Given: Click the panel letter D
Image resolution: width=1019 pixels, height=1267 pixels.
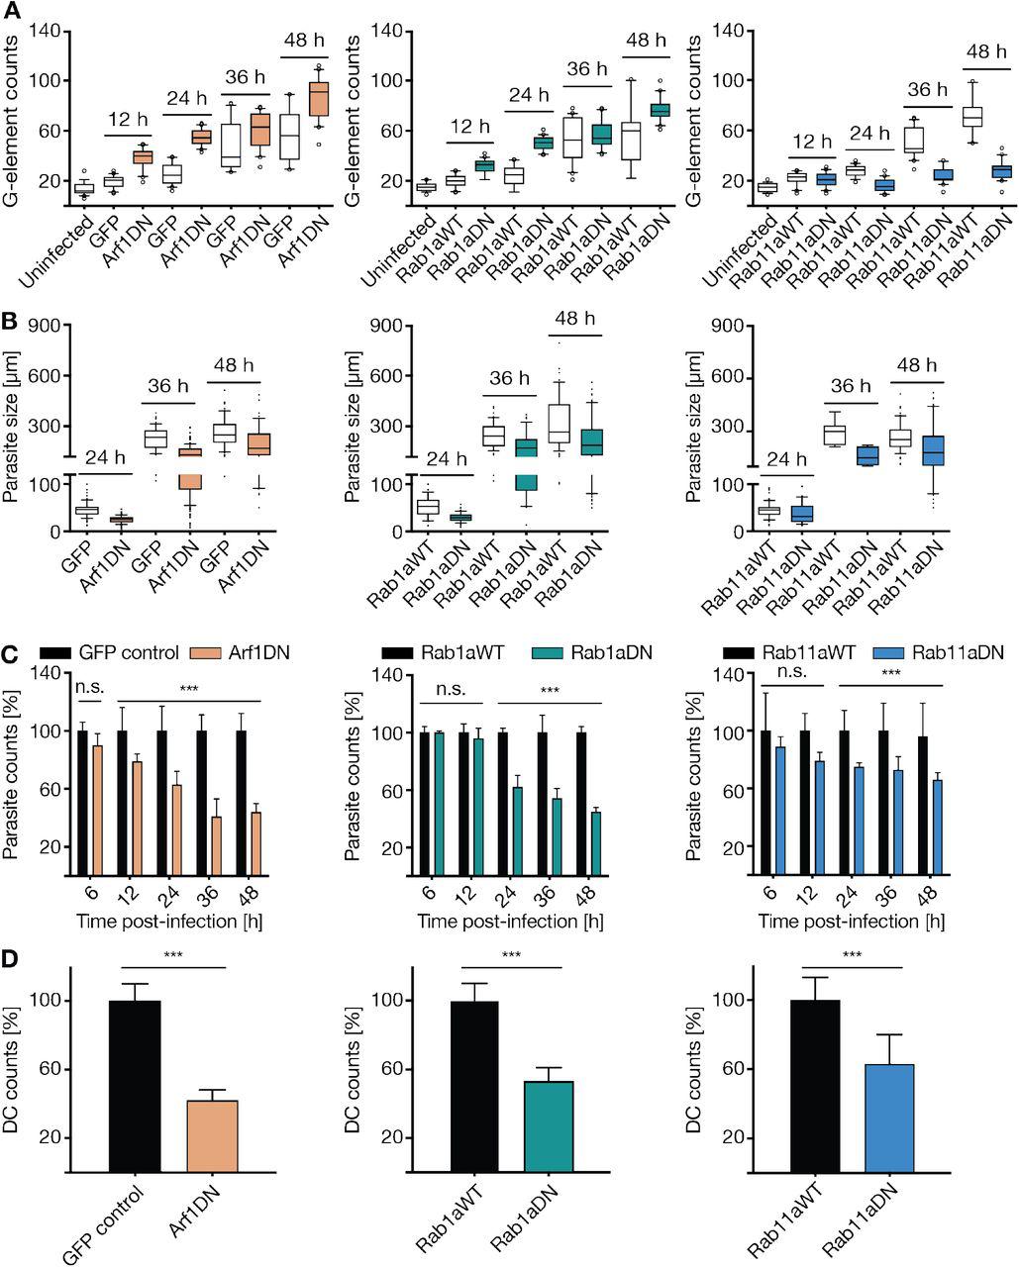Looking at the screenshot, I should pyautogui.click(x=11, y=961).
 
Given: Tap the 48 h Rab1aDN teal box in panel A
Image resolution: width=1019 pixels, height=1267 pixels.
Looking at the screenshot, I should pyautogui.click(x=660, y=110).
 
